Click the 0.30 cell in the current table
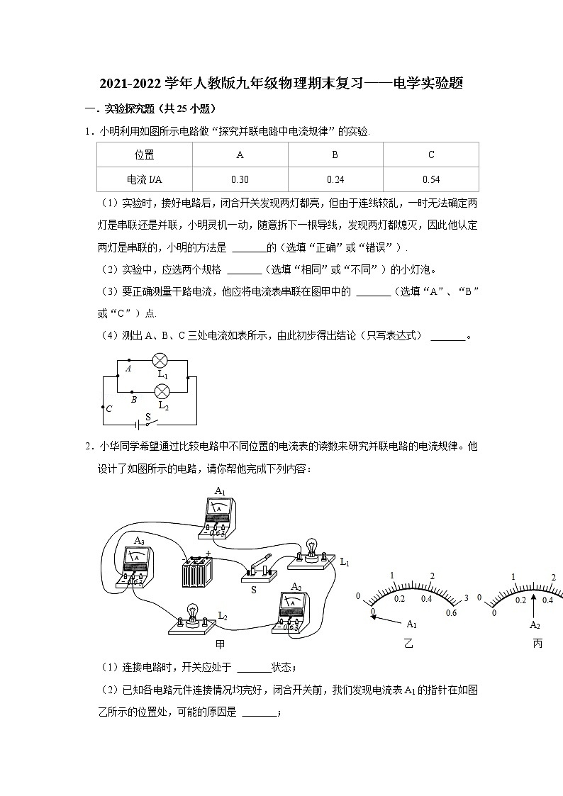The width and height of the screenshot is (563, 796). click(x=240, y=179)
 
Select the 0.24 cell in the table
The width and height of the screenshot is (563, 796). click(x=335, y=179)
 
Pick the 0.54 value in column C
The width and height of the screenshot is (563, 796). click(x=430, y=179)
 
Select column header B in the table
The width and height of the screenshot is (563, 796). click(x=335, y=155)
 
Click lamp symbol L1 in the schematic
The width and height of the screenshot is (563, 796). click(x=161, y=360)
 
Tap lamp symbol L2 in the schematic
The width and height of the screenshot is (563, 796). click(x=161, y=391)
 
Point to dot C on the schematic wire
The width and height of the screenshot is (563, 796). click(x=104, y=408)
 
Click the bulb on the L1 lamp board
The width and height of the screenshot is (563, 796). click(x=311, y=547)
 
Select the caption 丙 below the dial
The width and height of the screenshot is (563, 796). click(x=537, y=644)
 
